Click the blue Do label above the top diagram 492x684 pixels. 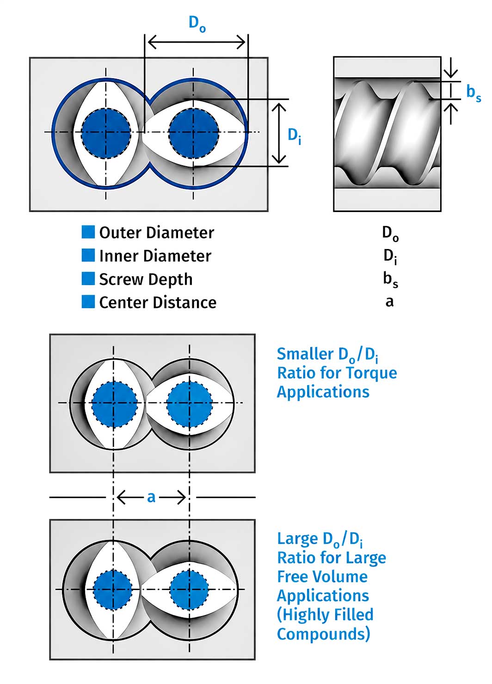[197, 24]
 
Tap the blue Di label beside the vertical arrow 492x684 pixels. [295, 136]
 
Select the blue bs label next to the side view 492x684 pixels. [474, 93]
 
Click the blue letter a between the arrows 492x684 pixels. [151, 497]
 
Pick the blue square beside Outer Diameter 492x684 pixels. [88, 232]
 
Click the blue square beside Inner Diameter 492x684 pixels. [88, 255]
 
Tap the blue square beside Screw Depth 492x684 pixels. [88, 278]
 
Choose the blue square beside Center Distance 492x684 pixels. [88, 301]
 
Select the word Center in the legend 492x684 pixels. [124, 302]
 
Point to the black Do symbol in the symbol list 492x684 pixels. [390, 234]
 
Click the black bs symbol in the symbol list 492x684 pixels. [390, 280]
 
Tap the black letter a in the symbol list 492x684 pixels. [389, 302]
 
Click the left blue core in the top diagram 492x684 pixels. [106, 133]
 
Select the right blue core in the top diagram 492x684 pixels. [193, 133]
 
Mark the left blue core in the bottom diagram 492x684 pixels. [112, 589]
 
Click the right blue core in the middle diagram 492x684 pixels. [190, 404]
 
